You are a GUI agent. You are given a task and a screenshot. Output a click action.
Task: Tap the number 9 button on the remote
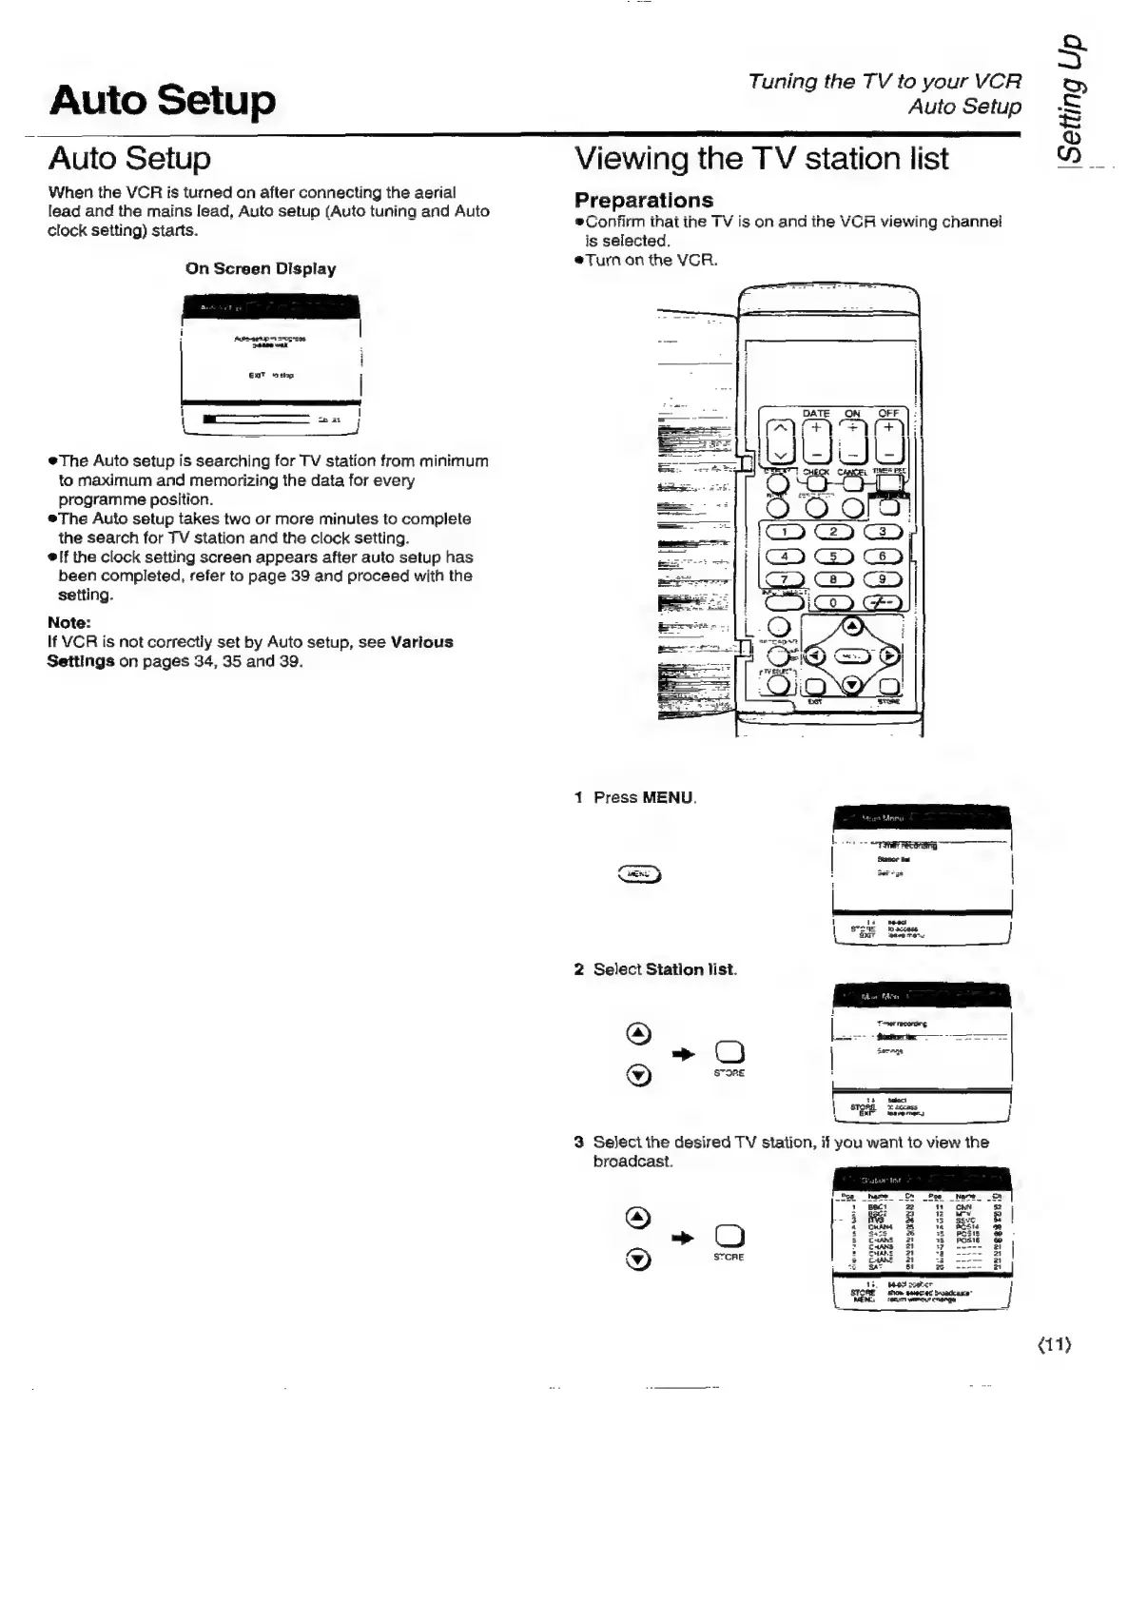[x=884, y=579]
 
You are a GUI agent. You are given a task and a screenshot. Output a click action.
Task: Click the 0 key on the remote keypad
[x=834, y=602]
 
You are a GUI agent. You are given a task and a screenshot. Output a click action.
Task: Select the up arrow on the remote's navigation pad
[x=852, y=626]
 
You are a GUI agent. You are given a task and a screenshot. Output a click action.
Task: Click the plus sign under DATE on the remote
[x=815, y=428]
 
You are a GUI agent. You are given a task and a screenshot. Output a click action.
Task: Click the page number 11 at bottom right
[x=1054, y=1345]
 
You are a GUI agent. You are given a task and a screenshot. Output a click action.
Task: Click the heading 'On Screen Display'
[x=261, y=269]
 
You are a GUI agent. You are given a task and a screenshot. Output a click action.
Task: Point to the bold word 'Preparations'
[x=644, y=201]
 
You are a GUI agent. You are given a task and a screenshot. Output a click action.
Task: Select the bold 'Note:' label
[x=68, y=623]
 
